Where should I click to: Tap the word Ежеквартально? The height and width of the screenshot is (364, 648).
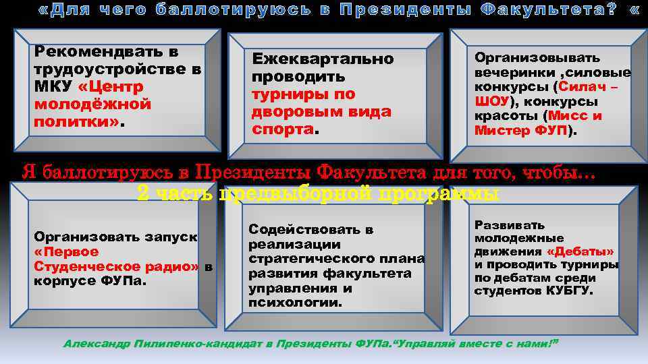(x=323, y=59)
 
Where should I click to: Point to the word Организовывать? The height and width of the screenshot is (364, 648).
(x=537, y=58)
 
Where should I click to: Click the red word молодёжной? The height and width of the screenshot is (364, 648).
(x=92, y=105)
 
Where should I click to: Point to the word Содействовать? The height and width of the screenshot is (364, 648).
(x=311, y=229)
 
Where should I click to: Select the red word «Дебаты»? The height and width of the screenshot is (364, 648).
(x=580, y=251)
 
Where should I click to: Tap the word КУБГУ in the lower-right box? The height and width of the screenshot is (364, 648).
(x=570, y=291)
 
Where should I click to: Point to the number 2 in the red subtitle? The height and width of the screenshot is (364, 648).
(x=142, y=194)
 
